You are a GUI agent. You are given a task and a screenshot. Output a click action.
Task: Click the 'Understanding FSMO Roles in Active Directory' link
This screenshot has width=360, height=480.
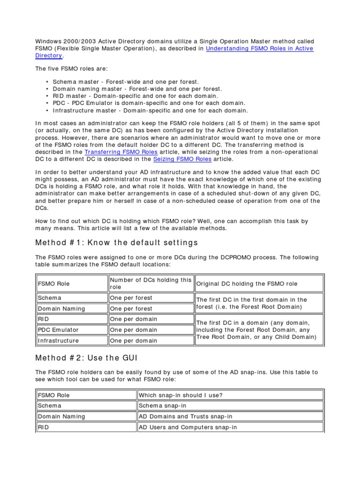259,49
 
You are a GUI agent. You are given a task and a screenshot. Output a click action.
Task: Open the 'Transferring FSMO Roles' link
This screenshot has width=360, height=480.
121,152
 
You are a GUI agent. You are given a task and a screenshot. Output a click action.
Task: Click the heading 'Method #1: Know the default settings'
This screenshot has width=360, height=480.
117,242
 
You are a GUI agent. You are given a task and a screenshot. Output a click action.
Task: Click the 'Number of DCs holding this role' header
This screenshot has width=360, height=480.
150,283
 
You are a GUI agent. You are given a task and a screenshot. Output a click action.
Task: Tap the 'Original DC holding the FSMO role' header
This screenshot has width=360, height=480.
247,284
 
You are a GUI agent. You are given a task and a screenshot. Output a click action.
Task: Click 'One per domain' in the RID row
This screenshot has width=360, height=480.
134,319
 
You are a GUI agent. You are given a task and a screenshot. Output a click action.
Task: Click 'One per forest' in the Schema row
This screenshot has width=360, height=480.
131,298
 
